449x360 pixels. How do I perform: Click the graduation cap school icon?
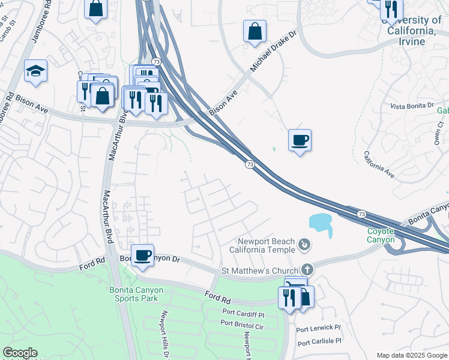point(35,71)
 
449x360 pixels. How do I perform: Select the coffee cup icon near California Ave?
point(300,140)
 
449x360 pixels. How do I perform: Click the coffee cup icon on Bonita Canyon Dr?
point(142,256)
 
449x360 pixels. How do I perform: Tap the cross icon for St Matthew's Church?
point(307,270)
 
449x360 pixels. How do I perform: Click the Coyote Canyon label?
point(381,236)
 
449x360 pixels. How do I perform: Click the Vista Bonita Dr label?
point(412,106)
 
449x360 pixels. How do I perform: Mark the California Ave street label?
point(379,165)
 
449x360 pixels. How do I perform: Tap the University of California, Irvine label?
point(411,30)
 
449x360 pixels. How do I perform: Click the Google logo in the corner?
point(20,353)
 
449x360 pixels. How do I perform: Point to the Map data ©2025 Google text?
point(411,355)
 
